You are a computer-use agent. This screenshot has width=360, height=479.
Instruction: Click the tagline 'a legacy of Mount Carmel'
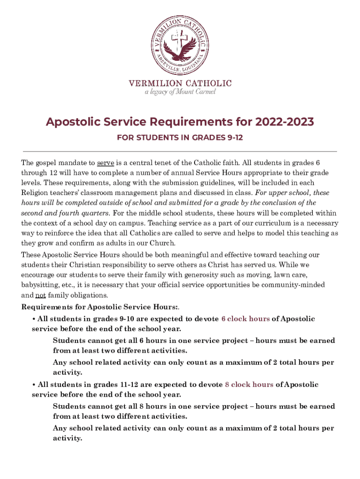pyautogui.click(x=180, y=92)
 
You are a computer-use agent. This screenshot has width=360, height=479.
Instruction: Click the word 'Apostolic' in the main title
pyautogui.click(x=72, y=123)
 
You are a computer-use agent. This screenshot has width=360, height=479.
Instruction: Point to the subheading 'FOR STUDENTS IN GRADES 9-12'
pyautogui.click(x=180, y=138)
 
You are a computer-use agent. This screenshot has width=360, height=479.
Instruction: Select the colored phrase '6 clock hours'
pyautogui.click(x=245, y=319)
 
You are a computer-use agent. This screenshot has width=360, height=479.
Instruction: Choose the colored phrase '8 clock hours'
pyautogui.click(x=249, y=385)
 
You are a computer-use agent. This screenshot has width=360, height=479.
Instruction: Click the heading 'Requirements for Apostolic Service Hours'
pyautogui.click(x=99, y=307)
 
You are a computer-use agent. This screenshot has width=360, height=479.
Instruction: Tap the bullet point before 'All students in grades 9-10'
pyautogui.click(x=34, y=319)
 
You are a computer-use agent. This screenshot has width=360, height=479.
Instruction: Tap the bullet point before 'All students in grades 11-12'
pyautogui.click(x=34, y=385)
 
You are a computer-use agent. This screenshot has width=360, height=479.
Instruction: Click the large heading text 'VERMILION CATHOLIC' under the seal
pyautogui.click(x=180, y=83)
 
